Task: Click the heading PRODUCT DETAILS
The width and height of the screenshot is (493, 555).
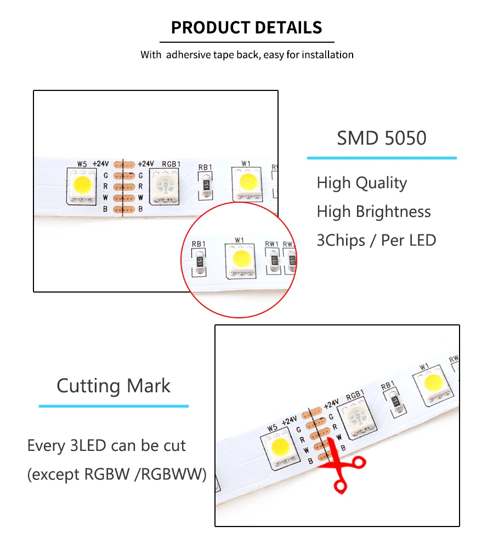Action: pyautogui.click(x=246, y=27)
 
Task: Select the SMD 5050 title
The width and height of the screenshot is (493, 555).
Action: pyautogui.click(x=381, y=138)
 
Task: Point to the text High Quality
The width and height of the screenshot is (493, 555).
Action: pyautogui.click(x=361, y=183)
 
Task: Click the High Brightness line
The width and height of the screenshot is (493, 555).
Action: pyautogui.click(x=373, y=211)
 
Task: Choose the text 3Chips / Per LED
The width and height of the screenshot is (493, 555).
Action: pyautogui.click(x=376, y=240)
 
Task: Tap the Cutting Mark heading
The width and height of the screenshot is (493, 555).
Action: pyautogui.click(x=114, y=386)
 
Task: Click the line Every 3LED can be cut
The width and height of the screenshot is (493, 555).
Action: pyautogui.click(x=106, y=445)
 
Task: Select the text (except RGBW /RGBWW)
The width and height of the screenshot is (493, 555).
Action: pyautogui.click(x=117, y=474)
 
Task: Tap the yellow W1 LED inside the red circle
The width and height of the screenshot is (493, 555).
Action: pyautogui.click(x=240, y=259)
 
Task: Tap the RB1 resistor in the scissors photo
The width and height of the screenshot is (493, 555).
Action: pyautogui.click(x=395, y=402)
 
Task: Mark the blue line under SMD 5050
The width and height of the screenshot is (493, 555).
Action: pyautogui.click(x=381, y=158)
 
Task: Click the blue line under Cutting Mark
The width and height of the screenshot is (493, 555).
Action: pyautogui.click(x=114, y=406)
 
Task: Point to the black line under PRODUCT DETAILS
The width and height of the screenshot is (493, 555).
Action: pyautogui.click(x=246, y=42)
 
